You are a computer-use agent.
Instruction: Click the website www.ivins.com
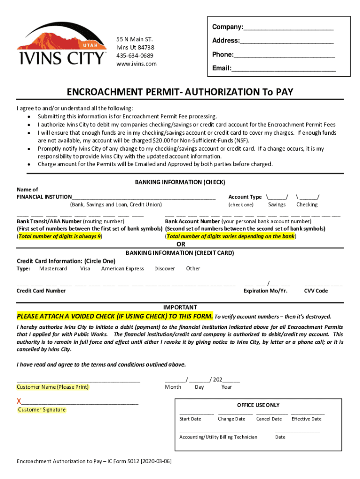[137, 64]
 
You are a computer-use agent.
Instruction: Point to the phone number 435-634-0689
[135, 56]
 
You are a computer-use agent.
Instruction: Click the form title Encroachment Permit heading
[180, 92]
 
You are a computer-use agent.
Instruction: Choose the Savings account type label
[277, 205]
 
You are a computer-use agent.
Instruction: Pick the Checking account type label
[307, 205]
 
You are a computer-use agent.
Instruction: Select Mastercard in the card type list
[53, 269]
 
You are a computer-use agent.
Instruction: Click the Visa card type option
[85, 269]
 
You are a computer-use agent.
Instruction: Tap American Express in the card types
[122, 269]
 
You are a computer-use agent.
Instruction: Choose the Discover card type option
[165, 269]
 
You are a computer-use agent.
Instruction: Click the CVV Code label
[316, 291]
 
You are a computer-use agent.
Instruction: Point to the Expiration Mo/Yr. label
[266, 291]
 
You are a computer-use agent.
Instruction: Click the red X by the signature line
[19, 401]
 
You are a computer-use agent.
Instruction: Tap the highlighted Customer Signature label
[42, 410]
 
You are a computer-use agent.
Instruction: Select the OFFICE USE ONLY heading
[258, 405]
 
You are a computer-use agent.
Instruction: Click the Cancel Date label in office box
[269, 419]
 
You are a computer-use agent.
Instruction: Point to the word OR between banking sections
[180, 245]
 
